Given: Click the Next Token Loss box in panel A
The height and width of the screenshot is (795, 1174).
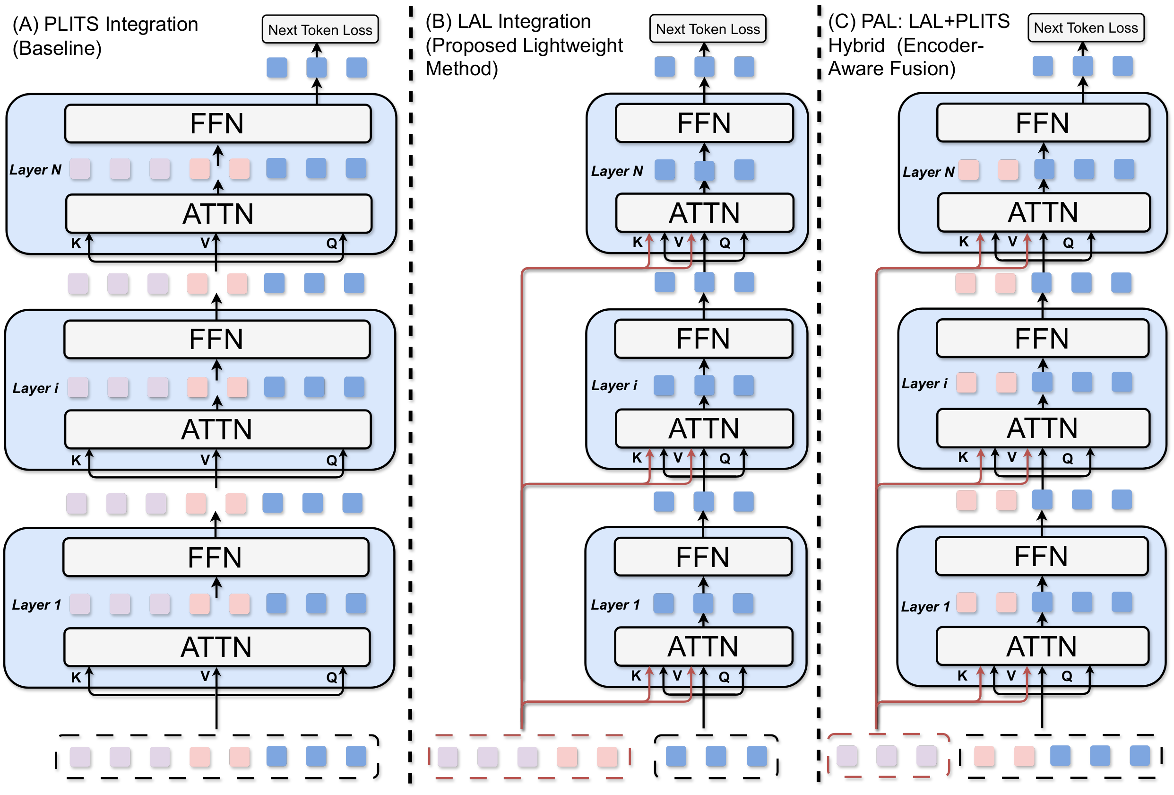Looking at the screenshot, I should point(320,30).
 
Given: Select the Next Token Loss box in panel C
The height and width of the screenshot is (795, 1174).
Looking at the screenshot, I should point(1086,28).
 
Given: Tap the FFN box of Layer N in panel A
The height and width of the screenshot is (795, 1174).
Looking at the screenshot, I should point(218,124).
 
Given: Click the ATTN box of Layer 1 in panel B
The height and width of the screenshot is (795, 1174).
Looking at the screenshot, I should point(703,646).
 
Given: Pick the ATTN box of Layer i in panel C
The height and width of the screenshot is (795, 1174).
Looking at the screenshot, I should point(1043,428).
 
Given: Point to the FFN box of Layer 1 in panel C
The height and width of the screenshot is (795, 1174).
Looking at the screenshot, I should point(1041,557).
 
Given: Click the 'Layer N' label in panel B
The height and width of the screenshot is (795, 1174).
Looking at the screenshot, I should point(617,171).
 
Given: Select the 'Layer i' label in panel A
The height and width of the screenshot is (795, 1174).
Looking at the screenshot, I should point(35,388).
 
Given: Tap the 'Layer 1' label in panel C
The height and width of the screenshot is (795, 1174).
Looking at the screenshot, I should point(925,606).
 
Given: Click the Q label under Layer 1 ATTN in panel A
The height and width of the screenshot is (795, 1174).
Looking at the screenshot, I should point(331,677).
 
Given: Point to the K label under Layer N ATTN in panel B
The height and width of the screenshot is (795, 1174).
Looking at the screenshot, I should point(638,243).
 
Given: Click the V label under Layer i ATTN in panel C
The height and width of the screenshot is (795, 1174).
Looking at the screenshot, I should point(1012,458).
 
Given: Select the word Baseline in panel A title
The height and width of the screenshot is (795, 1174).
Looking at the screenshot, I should point(57,49).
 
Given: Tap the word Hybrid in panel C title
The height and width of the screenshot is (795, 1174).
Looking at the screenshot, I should point(856,46).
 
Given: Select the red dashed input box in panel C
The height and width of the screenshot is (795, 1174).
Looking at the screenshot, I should point(888,755).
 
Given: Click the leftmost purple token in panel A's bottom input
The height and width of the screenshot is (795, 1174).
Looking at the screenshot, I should point(80,757).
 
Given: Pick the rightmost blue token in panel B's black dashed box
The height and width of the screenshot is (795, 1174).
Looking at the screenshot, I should point(756,756).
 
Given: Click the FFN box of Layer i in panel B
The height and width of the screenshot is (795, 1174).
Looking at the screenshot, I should point(703,339).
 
